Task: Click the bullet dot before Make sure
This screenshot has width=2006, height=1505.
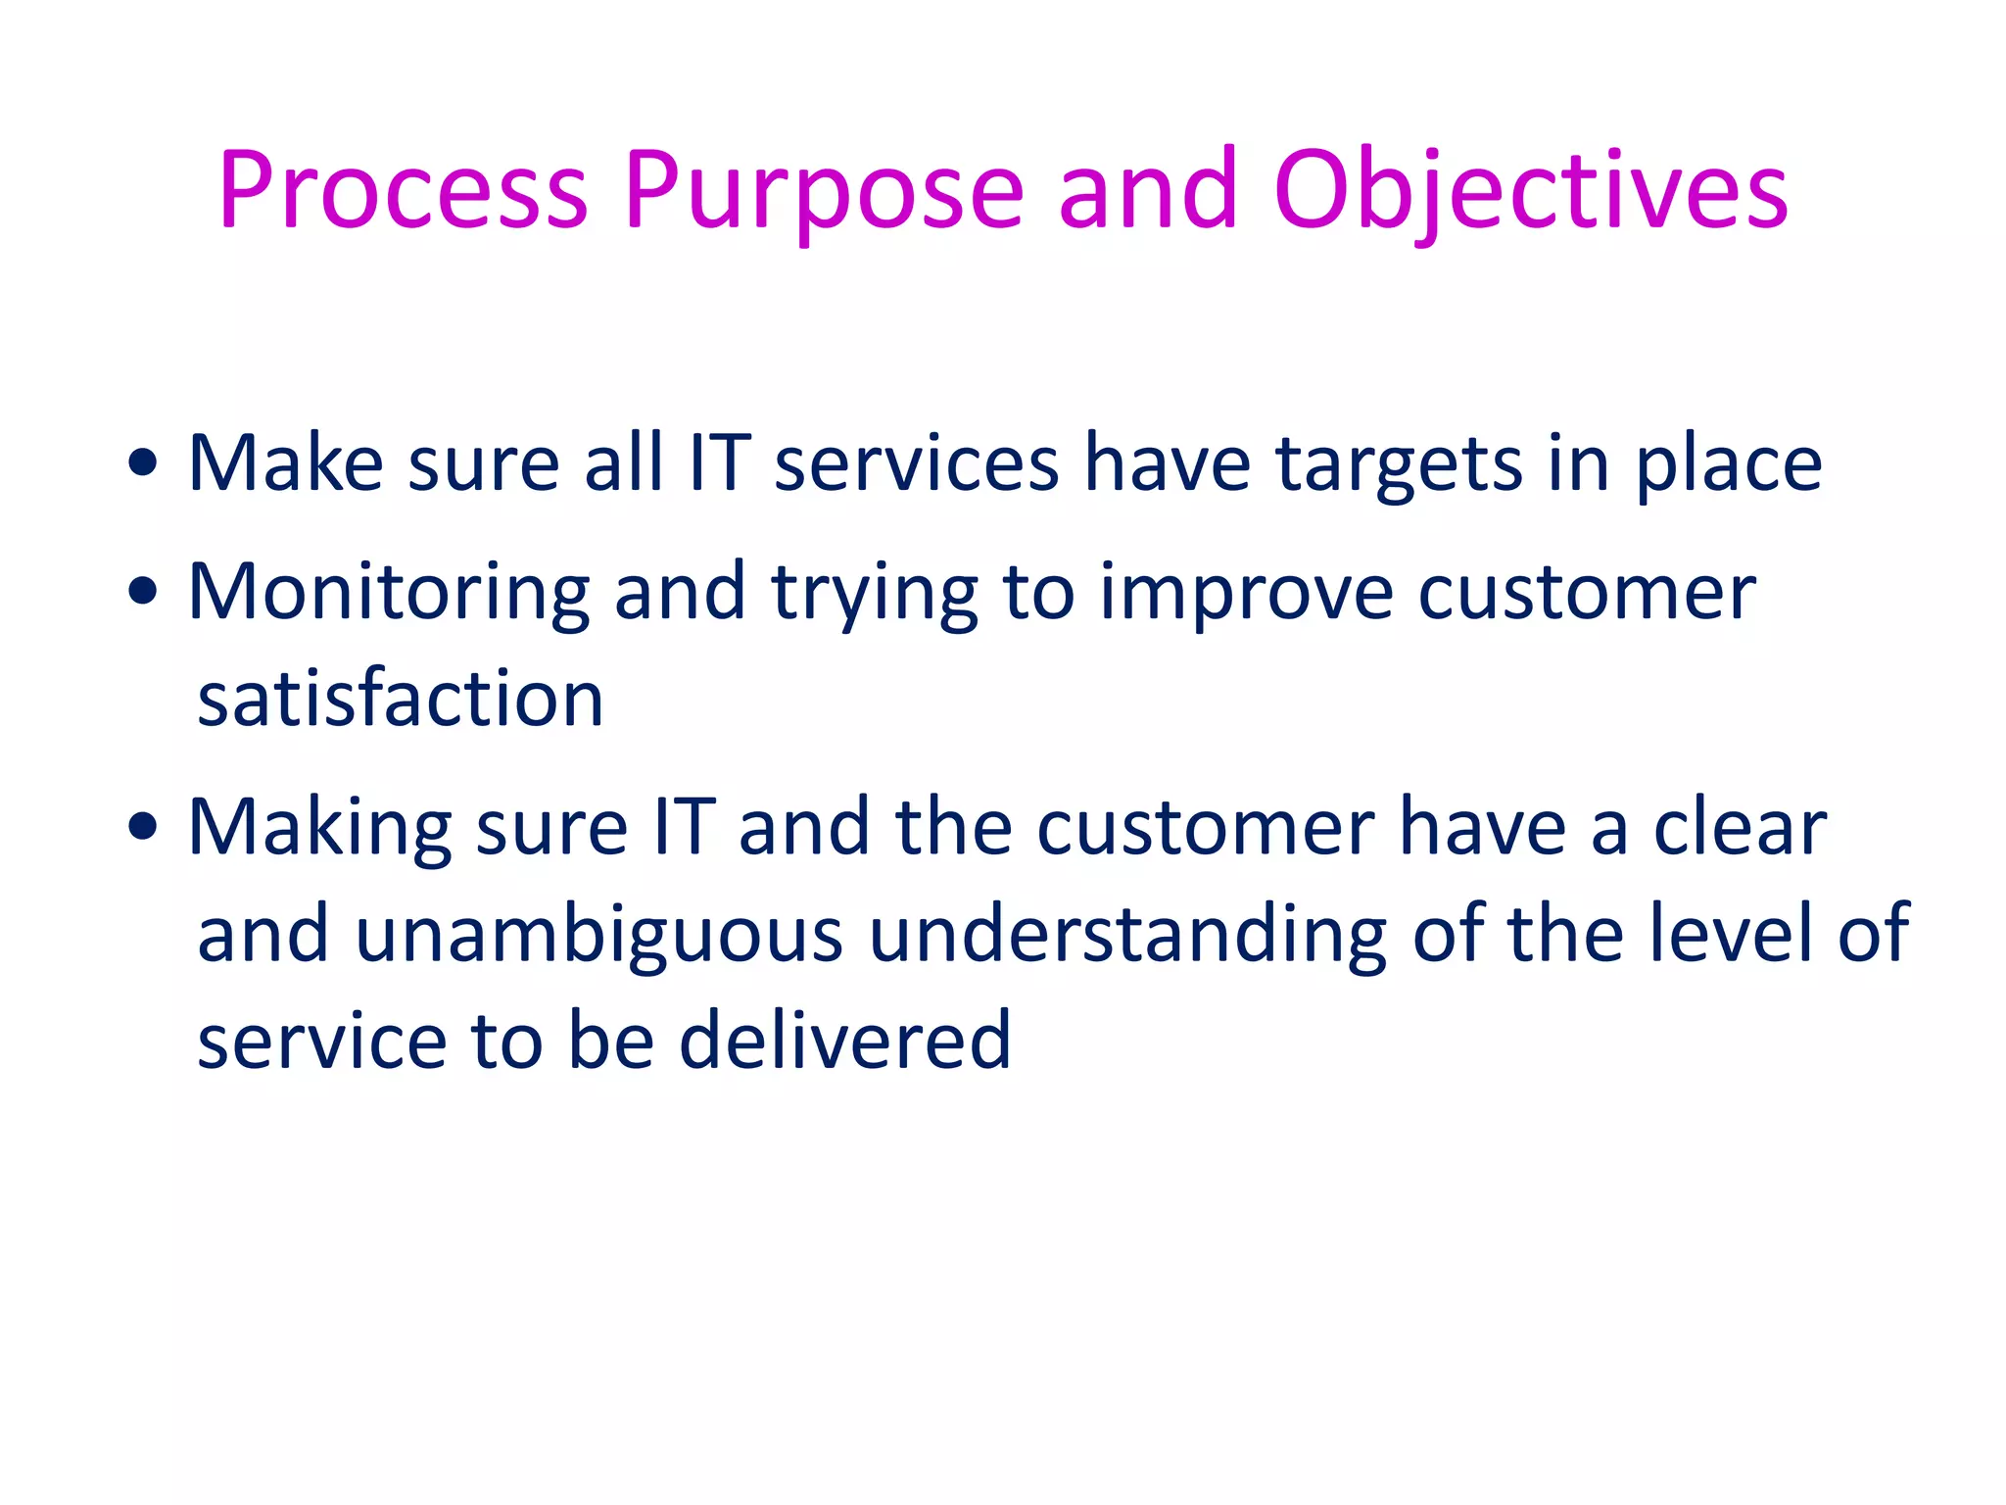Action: point(143,463)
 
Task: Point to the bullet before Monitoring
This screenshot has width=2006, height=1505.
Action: point(143,592)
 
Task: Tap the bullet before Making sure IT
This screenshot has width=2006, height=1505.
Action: point(143,827)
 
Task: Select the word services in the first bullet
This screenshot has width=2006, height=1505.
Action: point(916,463)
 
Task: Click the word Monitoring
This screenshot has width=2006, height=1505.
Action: point(388,592)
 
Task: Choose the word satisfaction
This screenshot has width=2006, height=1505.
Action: point(400,699)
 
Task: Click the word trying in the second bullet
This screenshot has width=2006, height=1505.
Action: point(875,592)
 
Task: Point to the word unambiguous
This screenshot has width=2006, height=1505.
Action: point(598,934)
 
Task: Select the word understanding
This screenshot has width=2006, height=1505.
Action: point(1127,934)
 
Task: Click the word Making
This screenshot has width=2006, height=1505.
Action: point(319,827)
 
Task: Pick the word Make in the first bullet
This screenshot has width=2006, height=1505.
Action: point(285,463)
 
